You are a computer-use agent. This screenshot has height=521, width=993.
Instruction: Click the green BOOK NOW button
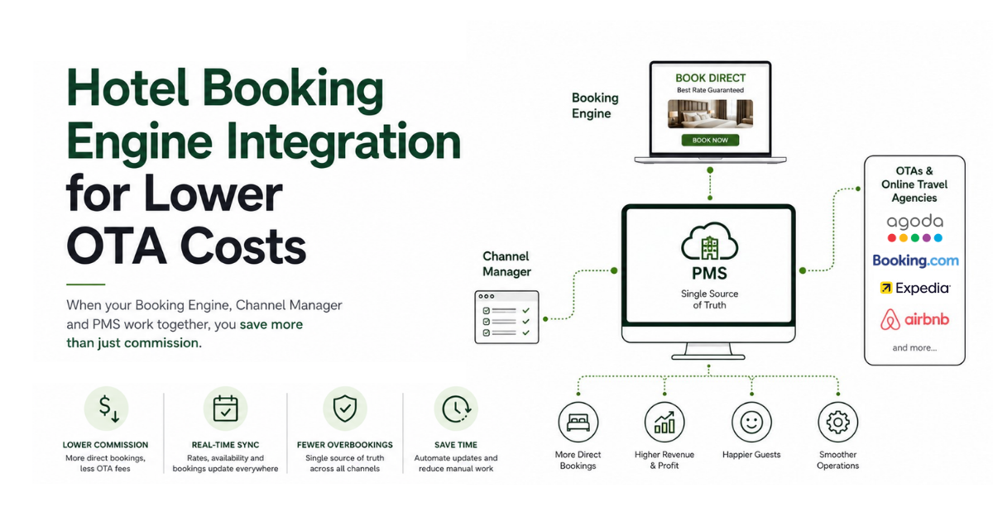click(710, 140)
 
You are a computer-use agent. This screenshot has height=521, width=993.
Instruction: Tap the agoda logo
click(914, 227)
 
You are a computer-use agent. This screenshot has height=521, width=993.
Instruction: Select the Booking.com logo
click(915, 260)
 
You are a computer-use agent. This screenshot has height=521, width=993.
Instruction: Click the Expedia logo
click(915, 288)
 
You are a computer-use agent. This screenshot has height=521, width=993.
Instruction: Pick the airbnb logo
click(914, 319)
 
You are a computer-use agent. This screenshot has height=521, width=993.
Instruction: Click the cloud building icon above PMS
click(709, 241)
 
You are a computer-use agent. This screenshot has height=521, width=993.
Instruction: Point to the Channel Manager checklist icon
click(506, 318)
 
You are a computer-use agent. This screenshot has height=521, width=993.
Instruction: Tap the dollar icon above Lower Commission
click(107, 409)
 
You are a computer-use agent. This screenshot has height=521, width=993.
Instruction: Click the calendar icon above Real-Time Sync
click(225, 409)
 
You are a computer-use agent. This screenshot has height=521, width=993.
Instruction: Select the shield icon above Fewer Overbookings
click(345, 409)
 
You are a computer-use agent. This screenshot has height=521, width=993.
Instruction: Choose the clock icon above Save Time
click(456, 409)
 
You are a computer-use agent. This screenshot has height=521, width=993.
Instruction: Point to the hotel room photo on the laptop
click(710, 114)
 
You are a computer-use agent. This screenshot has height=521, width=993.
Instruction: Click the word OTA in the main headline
click(116, 246)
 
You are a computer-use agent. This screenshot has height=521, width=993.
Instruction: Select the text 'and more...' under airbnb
click(914, 348)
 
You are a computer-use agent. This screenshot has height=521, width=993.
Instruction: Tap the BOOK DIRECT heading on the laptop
click(710, 78)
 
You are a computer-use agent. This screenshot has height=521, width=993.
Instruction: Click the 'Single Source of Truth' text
click(709, 299)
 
